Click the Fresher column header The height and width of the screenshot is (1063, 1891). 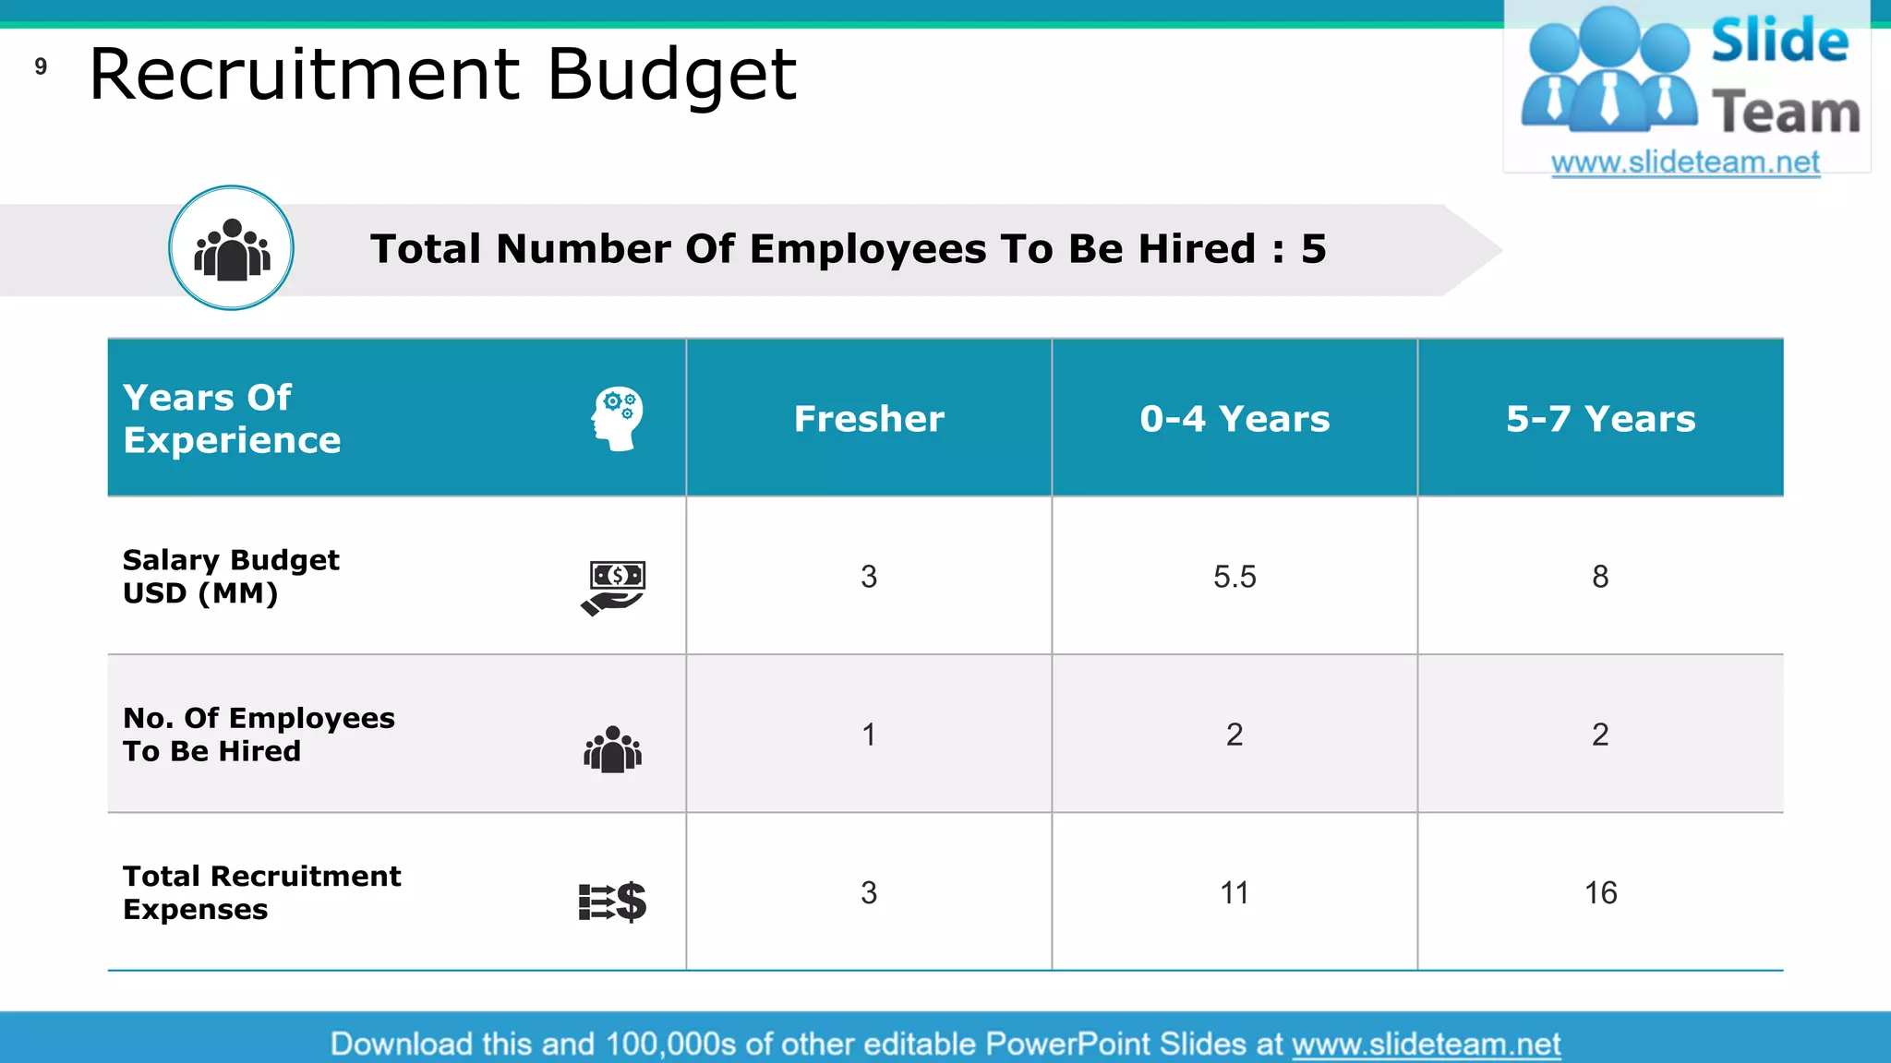point(869,419)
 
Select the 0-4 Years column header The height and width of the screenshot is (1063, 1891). point(1235,419)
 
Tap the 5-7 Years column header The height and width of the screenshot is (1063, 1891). point(1600,419)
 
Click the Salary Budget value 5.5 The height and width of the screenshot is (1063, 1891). point(1235,577)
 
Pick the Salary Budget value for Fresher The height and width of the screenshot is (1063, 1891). point(869,577)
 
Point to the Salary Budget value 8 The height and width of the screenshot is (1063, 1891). point(1600,577)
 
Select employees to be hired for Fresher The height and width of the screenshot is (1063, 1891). point(869,735)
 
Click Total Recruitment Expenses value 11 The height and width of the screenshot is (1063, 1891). point(1235,892)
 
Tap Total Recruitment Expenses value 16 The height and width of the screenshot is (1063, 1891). point(1600,892)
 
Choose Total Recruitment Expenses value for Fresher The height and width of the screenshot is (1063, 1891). point(869,892)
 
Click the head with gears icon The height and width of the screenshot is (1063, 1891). point(617,418)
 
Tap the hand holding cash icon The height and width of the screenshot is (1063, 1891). point(614,587)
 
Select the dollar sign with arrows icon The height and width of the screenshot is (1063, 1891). point(612,902)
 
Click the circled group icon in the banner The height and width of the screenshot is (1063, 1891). point(232,248)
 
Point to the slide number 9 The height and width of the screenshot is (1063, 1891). point(41,66)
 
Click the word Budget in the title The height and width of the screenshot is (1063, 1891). point(671,76)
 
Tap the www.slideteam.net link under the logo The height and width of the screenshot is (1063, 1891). point(1685,162)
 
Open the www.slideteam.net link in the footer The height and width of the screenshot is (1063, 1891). point(1426,1044)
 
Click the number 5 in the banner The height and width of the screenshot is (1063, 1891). point(1313,249)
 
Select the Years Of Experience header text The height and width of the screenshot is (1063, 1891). point(232,419)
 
